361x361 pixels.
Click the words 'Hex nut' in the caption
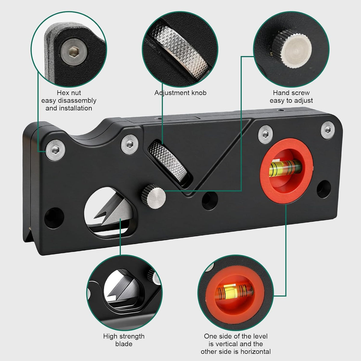69,93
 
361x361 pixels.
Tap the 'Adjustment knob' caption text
180,93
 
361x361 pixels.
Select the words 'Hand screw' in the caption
291,93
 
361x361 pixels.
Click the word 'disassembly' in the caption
77,101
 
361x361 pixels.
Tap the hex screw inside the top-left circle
74,52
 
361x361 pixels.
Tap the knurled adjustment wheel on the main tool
167,162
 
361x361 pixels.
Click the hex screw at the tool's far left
55,150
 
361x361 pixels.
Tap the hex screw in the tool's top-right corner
328,130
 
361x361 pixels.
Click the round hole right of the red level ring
324,189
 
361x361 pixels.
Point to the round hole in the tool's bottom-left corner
54,218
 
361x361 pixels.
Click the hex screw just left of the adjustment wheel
130,144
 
